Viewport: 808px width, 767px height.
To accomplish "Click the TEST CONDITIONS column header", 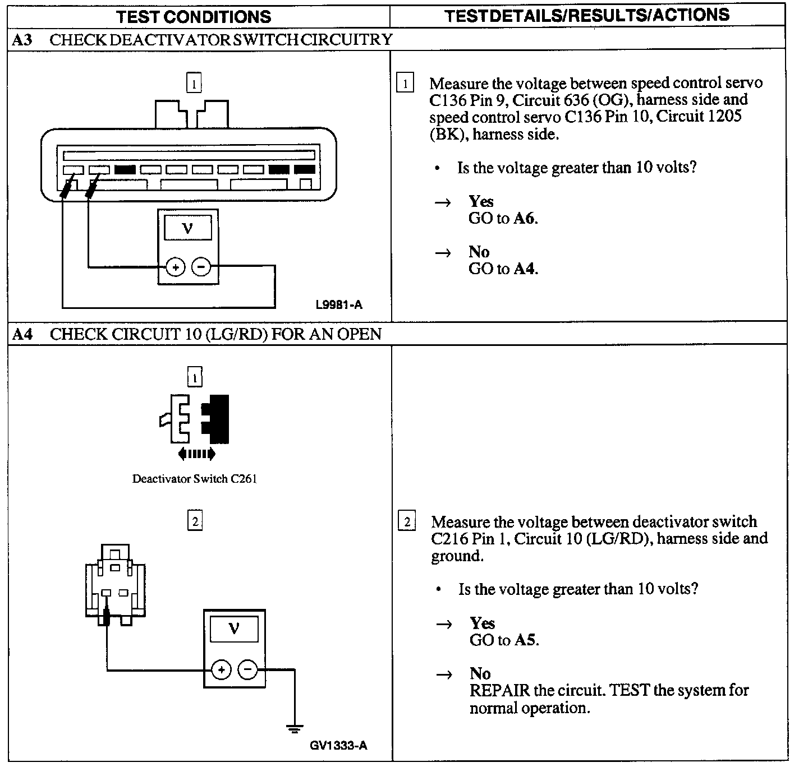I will click(194, 17).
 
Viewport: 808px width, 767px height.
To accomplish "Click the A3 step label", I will click(23, 40).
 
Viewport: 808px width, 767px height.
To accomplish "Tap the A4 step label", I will click(23, 335).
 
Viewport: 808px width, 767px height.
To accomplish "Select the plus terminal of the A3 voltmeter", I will click(176, 267).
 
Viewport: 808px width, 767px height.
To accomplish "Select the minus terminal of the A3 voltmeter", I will click(201, 267).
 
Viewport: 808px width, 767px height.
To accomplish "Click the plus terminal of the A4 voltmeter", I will click(221, 670).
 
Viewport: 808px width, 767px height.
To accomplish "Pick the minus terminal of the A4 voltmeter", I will click(247, 670).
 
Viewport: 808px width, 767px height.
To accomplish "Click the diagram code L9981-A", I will click(339, 305).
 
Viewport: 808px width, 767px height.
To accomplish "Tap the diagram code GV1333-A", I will click(338, 746).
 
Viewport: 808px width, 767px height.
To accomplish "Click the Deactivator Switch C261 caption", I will click(194, 479).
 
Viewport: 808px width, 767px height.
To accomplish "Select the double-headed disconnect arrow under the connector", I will click(196, 454).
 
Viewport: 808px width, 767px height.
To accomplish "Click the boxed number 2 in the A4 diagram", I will click(195, 521).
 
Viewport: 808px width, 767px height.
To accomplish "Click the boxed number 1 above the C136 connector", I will click(194, 84).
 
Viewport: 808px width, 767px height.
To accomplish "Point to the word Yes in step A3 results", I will click(481, 202).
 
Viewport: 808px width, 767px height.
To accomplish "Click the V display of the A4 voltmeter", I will click(234, 629).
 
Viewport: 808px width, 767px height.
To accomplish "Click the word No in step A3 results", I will click(479, 252).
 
